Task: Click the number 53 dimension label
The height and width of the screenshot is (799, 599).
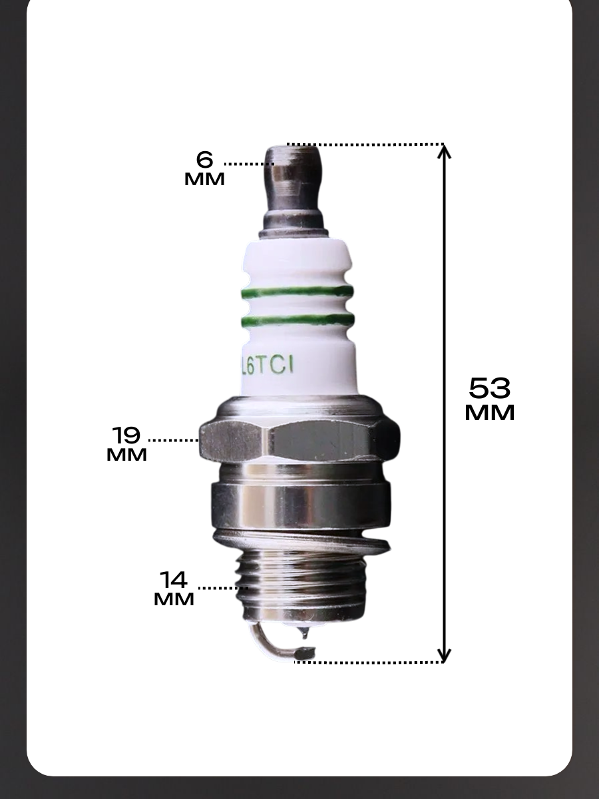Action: pos(490,388)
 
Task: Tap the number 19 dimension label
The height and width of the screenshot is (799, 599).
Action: pos(126,435)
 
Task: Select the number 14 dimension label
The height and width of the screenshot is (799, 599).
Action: pos(174,580)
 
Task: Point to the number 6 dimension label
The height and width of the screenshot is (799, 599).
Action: pos(204,159)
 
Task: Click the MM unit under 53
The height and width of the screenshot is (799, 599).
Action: pos(490,413)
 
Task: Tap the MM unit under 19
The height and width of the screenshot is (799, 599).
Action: pos(126,455)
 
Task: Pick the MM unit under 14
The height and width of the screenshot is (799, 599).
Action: pos(174,599)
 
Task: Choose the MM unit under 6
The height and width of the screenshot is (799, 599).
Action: pos(204,179)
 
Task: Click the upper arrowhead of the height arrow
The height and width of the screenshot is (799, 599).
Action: pos(444,151)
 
